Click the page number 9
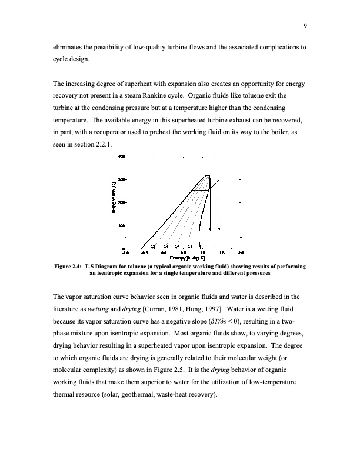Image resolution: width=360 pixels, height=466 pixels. pyautogui.click(x=306, y=25)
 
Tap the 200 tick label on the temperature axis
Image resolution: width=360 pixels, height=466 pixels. pyautogui.click(x=121, y=202)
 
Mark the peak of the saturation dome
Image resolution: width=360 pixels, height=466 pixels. pyautogui.click(x=206, y=175)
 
